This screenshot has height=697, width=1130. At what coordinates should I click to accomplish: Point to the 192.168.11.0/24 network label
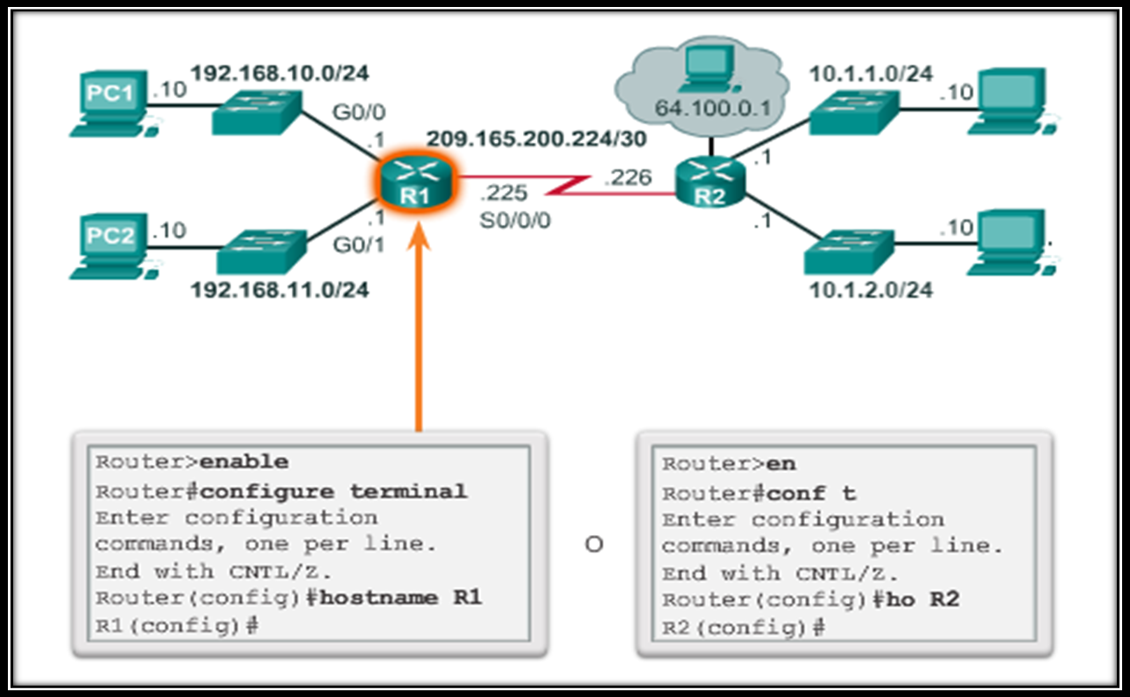tap(280, 290)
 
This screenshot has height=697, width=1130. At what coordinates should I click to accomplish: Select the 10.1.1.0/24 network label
tap(871, 74)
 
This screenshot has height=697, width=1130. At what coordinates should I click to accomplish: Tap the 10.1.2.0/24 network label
tap(871, 290)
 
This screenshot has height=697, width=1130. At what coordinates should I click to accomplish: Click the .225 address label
tap(503, 193)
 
